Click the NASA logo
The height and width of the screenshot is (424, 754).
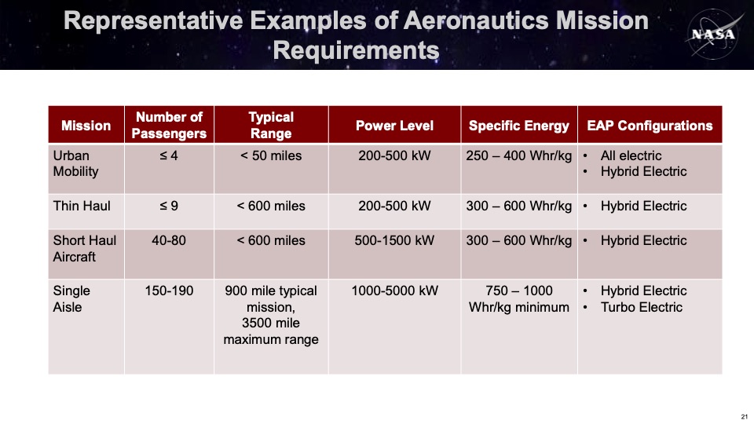(714, 34)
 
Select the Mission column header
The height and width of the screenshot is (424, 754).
(86, 126)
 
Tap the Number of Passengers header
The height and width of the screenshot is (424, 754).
(170, 125)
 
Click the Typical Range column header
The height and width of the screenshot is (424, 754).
(271, 125)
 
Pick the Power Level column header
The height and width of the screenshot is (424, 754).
(395, 126)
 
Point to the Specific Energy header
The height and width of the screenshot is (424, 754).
(519, 126)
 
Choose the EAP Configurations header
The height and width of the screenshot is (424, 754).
(650, 126)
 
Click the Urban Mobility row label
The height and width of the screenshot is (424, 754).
(76, 163)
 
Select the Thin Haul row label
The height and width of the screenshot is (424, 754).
(82, 206)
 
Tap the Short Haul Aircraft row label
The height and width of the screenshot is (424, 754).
(85, 249)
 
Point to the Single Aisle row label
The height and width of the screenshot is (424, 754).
(71, 298)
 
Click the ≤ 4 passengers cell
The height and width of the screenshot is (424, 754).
(169, 155)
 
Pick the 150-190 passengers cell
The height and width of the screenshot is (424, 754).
(170, 291)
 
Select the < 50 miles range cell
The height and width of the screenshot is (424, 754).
(271, 155)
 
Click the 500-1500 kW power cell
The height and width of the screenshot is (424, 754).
(394, 240)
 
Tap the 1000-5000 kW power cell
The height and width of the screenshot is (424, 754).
(395, 291)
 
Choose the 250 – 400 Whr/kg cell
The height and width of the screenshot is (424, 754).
(519, 155)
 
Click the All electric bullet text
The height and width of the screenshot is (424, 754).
(631, 155)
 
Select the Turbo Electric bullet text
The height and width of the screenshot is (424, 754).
(642, 307)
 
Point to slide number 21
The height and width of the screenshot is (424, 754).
(744, 416)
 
